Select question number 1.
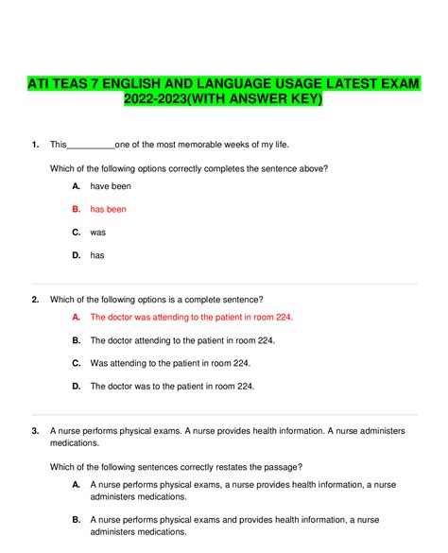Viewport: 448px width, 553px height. [x=34, y=145]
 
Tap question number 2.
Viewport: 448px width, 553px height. [x=34, y=300]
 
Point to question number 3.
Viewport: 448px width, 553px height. [x=34, y=431]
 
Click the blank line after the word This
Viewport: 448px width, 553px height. [x=91, y=145]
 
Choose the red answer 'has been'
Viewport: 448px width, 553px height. [x=108, y=209]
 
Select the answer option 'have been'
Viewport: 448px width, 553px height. [x=111, y=186]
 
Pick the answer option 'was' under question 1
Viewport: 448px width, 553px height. [x=97, y=232]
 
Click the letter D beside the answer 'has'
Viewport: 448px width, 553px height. [x=76, y=254]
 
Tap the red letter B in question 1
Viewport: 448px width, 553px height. [x=76, y=209]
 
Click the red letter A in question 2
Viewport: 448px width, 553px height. [x=76, y=318]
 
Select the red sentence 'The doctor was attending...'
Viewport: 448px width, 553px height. [x=191, y=318]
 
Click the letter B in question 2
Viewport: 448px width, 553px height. [x=76, y=340]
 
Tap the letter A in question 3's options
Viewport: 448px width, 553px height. [x=76, y=484]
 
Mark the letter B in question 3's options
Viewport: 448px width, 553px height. [x=76, y=519]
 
